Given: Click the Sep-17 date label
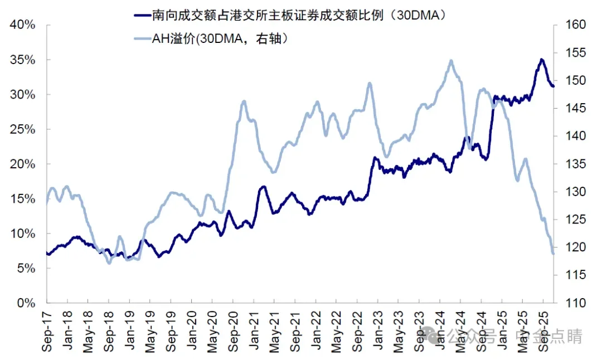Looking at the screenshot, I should click(x=47, y=331).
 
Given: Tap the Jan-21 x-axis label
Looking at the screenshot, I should click(x=254, y=331).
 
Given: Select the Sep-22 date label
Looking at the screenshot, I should click(x=357, y=331).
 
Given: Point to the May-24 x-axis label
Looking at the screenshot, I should click(x=460, y=331).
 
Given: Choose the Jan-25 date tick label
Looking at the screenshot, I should click(x=502, y=331).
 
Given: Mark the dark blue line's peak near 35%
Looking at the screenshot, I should click(x=541, y=59).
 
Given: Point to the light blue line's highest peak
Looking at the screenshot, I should click(x=450, y=61).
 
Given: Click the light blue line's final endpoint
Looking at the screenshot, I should click(x=553, y=254).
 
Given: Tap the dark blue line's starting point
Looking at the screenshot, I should click(x=47, y=253).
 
